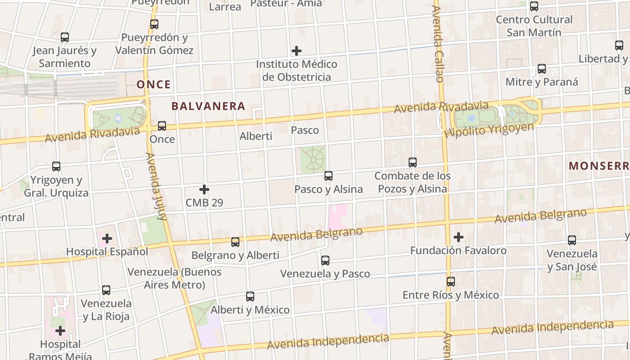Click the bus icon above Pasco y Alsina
click(328, 176)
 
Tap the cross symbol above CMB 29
click(204, 189)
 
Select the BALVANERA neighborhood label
click(208, 107)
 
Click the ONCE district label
click(154, 85)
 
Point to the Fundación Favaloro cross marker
click(459, 237)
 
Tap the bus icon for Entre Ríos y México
click(451, 282)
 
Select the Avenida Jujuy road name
click(156, 186)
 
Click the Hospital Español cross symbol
click(107, 238)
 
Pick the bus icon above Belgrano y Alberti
click(235, 242)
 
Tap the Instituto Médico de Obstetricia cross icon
click(297, 51)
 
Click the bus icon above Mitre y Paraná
click(542, 69)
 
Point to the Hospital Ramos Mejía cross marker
click(60, 331)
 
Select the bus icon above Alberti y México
click(250, 297)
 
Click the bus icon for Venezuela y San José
click(572, 240)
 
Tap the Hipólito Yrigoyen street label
click(489, 130)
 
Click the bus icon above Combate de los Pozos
click(413, 162)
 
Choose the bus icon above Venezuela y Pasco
click(325, 260)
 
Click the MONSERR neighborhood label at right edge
click(598, 166)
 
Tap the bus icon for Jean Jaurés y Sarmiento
click(65, 37)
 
